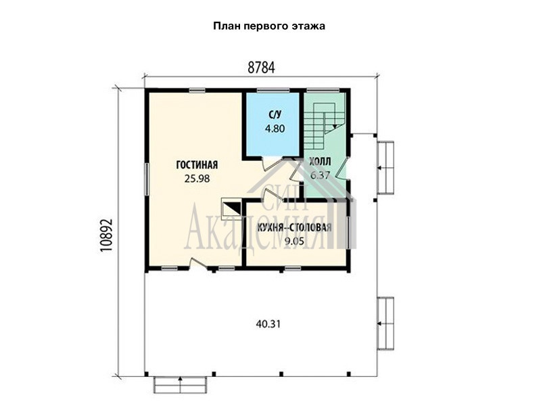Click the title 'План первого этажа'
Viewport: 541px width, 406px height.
click(x=269, y=26)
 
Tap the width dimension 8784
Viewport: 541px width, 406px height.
click(x=261, y=68)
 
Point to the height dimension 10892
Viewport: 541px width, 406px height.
click(x=107, y=235)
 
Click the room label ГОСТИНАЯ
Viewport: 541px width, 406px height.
click(x=197, y=164)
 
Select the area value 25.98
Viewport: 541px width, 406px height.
click(x=197, y=179)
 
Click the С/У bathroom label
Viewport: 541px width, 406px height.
click(x=275, y=114)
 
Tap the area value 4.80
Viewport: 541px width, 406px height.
click(x=275, y=129)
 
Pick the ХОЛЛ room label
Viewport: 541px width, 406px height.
click(x=320, y=161)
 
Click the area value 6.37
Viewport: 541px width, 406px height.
click(x=320, y=175)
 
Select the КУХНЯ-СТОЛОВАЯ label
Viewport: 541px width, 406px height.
click(x=294, y=227)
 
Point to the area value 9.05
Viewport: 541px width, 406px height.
click(x=294, y=241)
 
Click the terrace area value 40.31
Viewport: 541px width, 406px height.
click(x=268, y=324)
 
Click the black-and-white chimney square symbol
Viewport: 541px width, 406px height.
click(x=231, y=208)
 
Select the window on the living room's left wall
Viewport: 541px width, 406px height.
click(x=147, y=179)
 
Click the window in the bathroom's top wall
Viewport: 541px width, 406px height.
click(x=273, y=91)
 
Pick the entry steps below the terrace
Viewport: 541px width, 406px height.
click(x=180, y=384)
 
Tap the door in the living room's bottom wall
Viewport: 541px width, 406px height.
click(x=198, y=265)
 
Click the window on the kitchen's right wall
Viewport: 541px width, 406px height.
click(x=348, y=232)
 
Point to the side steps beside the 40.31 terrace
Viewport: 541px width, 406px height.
click(x=385, y=323)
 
